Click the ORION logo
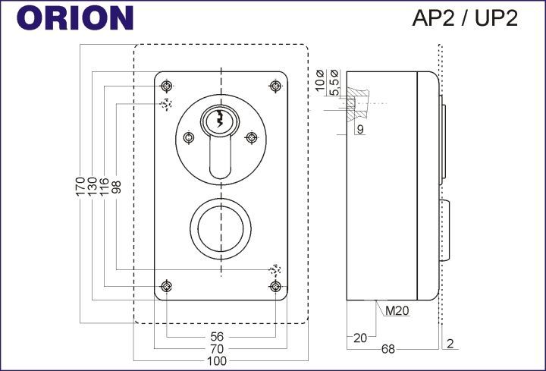[75, 18]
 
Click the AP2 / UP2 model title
[465, 18]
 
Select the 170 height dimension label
[80, 187]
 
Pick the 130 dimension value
[93, 187]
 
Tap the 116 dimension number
[104, 187]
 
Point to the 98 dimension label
[116, 187]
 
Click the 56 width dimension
[217, 337]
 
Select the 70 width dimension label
[217, 348]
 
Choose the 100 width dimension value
[217, 361]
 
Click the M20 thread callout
[397, 310]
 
